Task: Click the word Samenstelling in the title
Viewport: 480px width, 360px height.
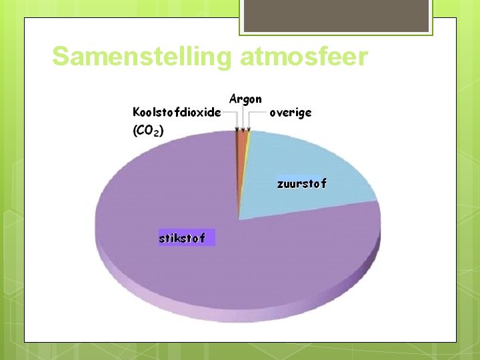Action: pos(142,57)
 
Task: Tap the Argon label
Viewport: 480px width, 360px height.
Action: pos(245,99)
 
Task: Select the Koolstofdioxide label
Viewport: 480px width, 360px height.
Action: pos(177,112)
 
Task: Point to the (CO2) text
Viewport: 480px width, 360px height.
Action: pos(147,131)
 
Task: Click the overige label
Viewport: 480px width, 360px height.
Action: pos(290,113)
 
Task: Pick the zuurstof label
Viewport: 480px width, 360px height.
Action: pos(301,183)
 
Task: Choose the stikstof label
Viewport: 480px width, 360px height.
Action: pos(181,237)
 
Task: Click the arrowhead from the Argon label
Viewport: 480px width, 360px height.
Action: pos(242,129)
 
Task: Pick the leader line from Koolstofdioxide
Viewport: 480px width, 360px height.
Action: pos(231,113)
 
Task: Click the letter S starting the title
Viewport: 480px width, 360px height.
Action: pos(61,57)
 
